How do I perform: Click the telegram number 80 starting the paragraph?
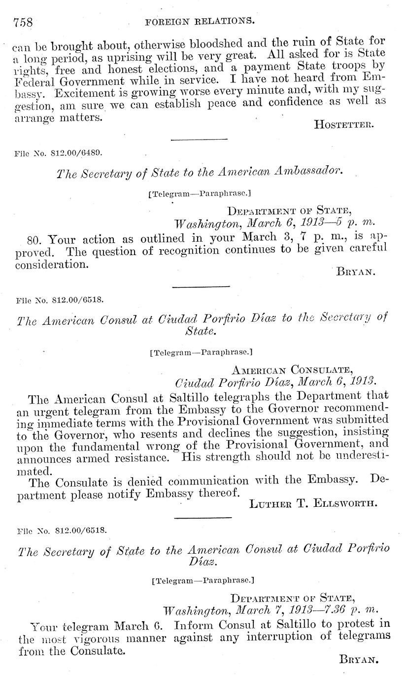(34, 240)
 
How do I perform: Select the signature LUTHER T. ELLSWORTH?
(313, 504)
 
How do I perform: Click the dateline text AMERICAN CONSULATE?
(292, 370)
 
